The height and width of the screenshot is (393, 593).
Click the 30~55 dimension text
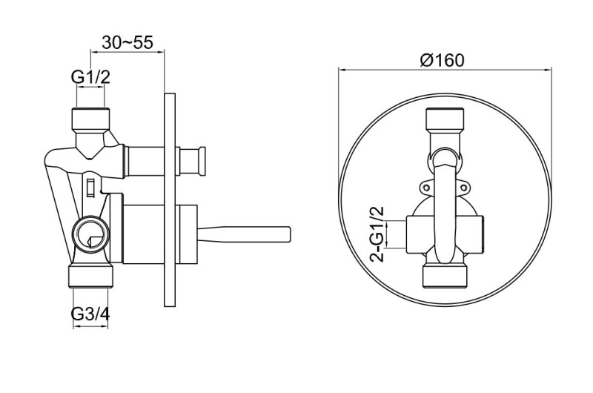tap(127, 42)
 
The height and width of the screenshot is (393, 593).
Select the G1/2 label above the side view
tap(90, 76)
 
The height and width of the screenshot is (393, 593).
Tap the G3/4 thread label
tap(90, 314)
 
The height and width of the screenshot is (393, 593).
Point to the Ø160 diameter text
tap(443, 60)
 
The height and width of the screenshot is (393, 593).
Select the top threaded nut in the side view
tap(90, 118)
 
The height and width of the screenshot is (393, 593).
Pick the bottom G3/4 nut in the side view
tap(90, 277)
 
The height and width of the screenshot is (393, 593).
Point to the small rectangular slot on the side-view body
tap(90, 185)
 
